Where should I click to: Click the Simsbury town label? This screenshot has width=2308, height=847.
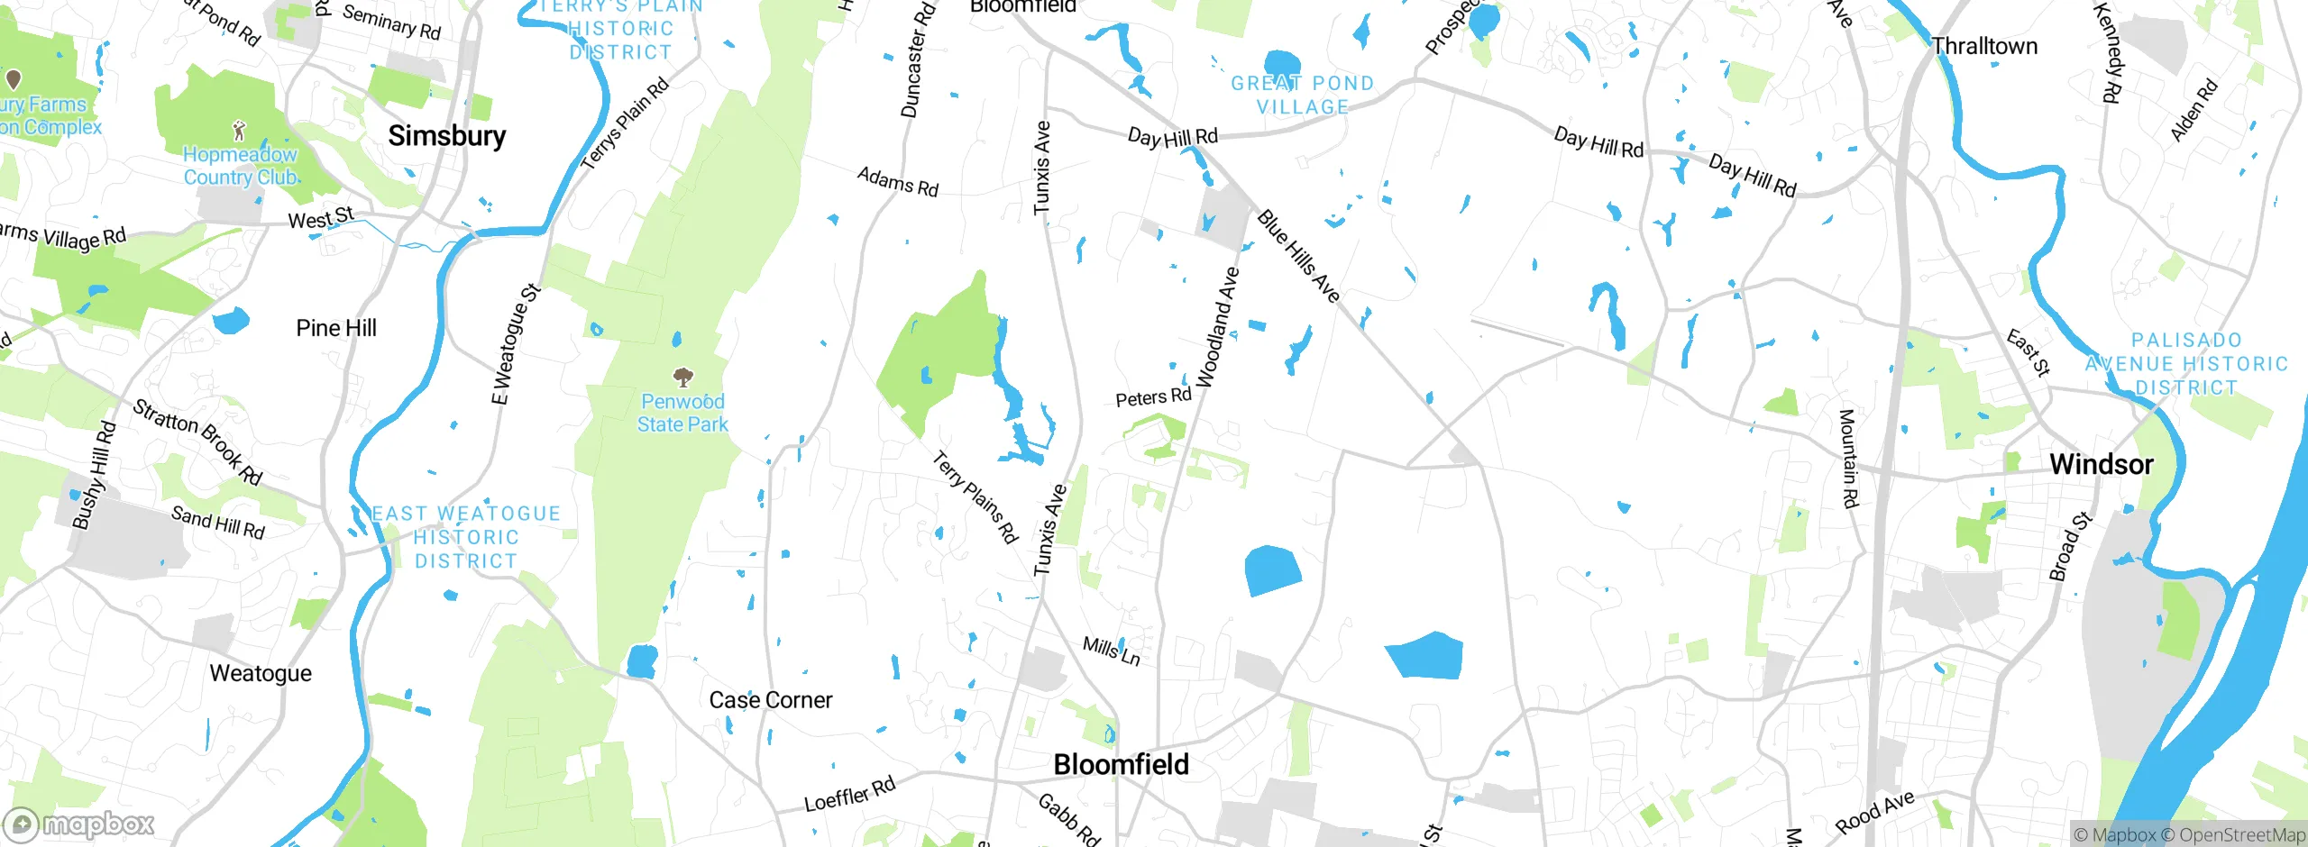[446, 136]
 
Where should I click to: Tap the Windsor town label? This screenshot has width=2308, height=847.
[2101, 465]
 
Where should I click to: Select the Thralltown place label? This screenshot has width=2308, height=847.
[1983, 46]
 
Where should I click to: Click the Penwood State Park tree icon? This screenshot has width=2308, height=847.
[683, 377]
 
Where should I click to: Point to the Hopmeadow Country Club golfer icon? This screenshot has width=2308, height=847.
[239, 132]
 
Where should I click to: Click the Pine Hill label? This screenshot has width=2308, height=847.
[335, 328]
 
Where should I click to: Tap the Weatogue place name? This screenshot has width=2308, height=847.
[261, 673]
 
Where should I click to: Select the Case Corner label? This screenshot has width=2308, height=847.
[770, 700]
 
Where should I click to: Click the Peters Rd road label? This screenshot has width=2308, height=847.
[1153, 397]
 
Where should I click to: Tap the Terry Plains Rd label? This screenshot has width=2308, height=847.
[975, 497]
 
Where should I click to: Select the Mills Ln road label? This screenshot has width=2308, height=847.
[1111, 651]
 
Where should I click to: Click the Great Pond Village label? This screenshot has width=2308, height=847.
[1302, 95]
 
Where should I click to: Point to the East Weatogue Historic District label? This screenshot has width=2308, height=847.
[466, 537]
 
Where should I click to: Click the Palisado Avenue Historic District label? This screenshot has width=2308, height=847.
[2186, 364]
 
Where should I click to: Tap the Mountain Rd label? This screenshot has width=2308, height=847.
[1847, 458]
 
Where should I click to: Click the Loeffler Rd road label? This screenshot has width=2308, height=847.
[849, 794]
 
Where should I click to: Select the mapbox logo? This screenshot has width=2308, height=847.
[79, 824]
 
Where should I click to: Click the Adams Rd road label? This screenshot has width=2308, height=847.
[897, 182]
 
